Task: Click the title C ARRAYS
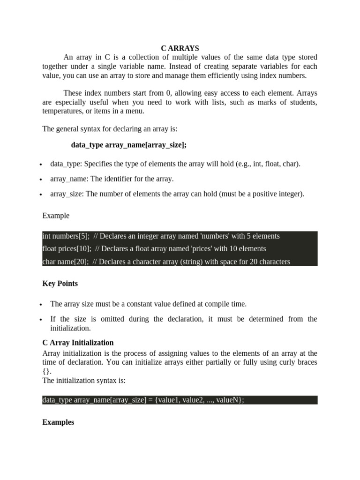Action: coord(180,48)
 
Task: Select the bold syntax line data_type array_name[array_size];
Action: coord(129,145)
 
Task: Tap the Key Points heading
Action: coord(60,284)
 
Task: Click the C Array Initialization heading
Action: coord(78,343)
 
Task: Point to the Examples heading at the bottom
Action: coord(58,422)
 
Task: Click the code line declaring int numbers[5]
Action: coord(161,236)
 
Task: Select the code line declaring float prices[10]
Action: coord(154,248)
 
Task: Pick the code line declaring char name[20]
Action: coord(166,262)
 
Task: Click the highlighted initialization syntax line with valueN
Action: coord(143,400)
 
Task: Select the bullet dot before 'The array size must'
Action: coord(41,305)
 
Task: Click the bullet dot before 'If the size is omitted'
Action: coord(41,320)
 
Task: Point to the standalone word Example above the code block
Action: coord(56,216)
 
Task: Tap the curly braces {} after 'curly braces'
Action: coord(45,371)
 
